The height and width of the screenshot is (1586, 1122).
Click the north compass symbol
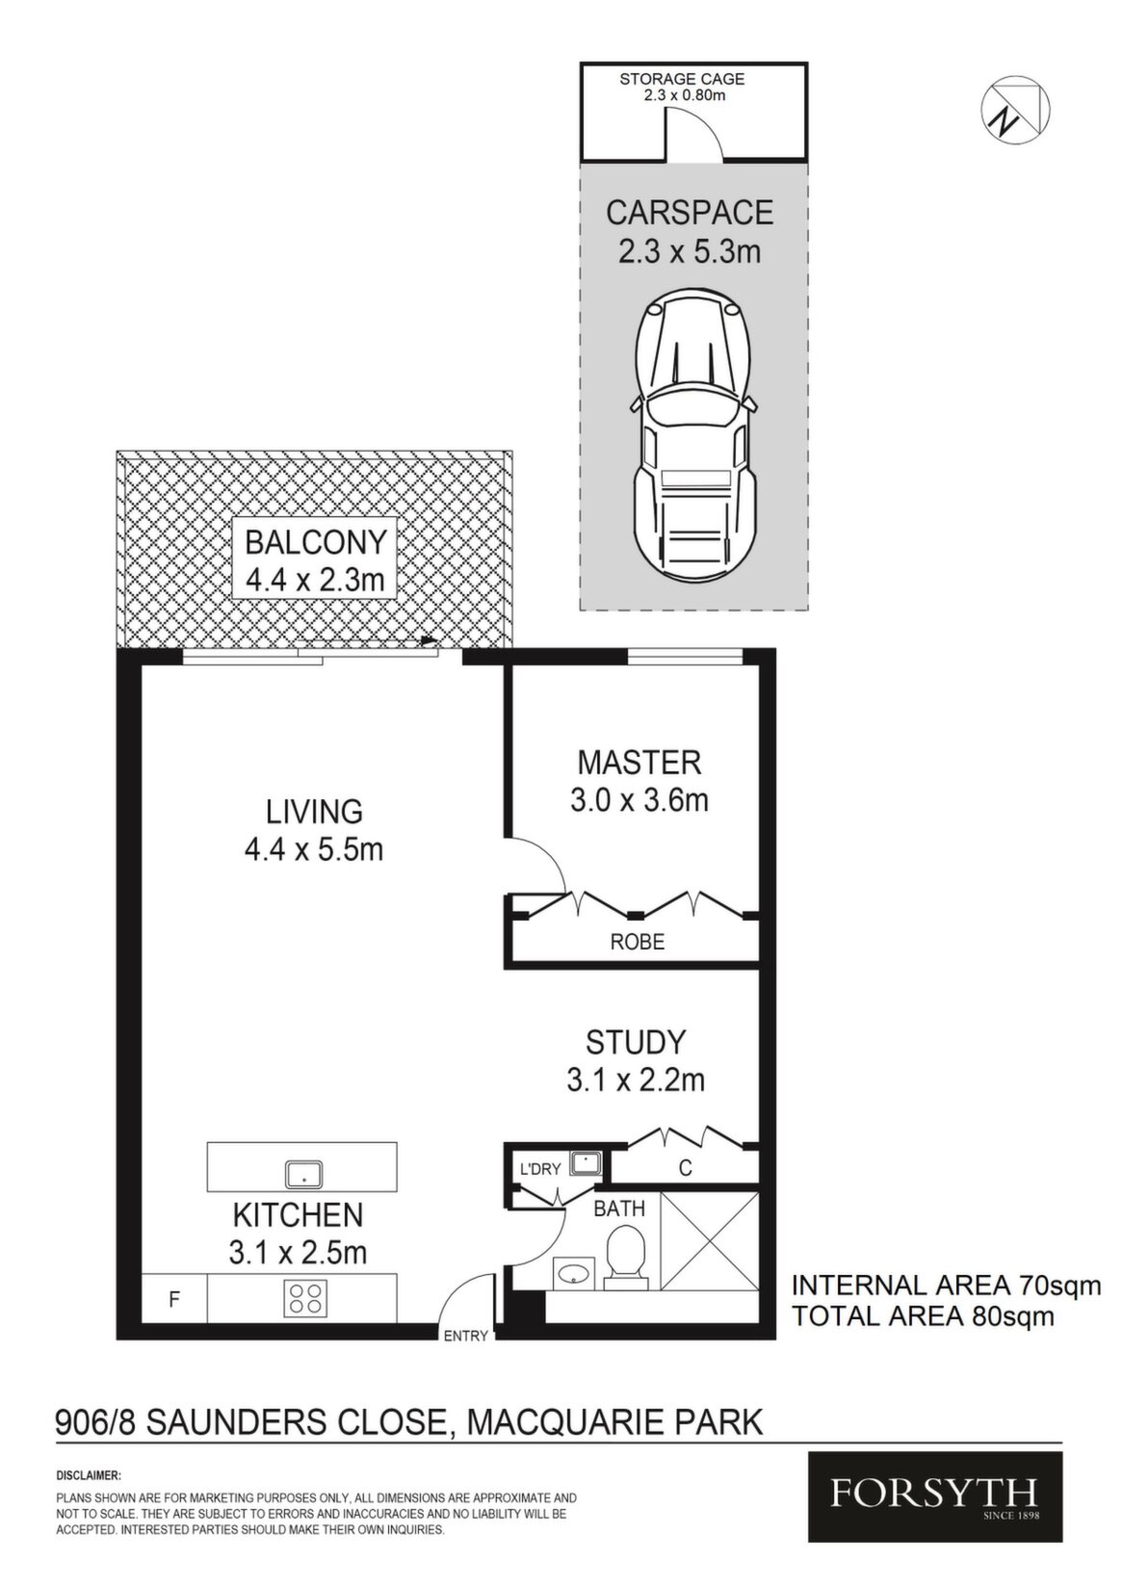pos(1015,111)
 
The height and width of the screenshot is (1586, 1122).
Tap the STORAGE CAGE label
pos(682,79)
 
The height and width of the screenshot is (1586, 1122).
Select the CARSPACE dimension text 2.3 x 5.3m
pos(690,251)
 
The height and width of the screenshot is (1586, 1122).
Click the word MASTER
pos(639,763)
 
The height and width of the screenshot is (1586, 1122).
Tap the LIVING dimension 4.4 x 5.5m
pos(314,849)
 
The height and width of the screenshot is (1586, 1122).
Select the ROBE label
pos(638,942)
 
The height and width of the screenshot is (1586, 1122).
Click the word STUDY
pos(636,1042)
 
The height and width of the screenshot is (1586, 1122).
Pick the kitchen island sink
pos(303,1174)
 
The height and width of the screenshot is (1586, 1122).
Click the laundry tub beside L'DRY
pos(587,1162)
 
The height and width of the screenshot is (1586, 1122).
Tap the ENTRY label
pos(465,1336)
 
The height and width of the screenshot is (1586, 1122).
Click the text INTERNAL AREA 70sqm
pos(946,1285)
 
